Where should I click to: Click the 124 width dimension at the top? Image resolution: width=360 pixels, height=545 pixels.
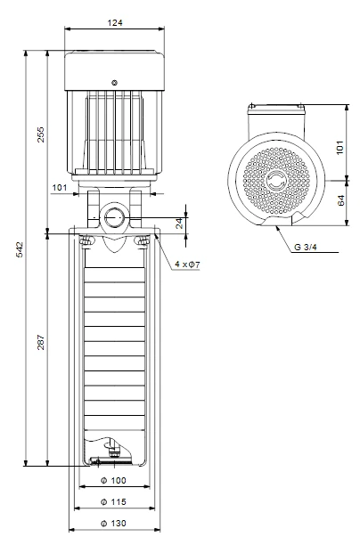(115, 23)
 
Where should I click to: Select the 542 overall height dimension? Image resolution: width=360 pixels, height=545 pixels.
(20, 249)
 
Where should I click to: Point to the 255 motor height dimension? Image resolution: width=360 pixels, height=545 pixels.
(41, 134)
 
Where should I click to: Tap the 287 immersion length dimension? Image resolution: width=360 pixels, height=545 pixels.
(41, 342)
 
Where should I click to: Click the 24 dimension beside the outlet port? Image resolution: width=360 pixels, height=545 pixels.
(179, 224)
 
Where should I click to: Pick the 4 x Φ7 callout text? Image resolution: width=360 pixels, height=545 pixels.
(187, 264)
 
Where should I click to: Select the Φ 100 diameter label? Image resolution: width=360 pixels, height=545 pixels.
(113, 480)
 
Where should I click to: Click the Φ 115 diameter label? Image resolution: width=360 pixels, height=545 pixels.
(113, 502)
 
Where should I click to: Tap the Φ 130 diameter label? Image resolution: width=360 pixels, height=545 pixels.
(113, 524)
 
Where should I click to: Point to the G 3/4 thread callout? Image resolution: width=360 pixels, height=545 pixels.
(306, 248)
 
